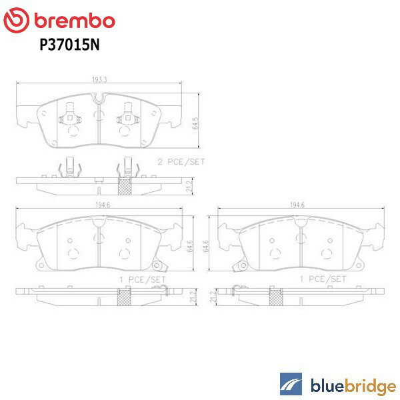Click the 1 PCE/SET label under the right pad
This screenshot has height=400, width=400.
323,278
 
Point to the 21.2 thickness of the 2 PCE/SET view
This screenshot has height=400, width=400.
189,183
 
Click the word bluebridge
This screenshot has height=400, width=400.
351,385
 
